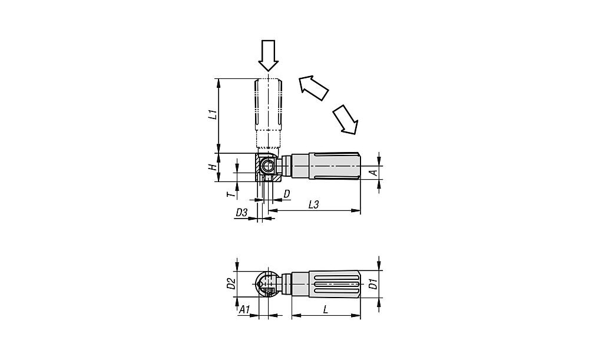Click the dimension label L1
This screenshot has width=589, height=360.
tap(213, 114)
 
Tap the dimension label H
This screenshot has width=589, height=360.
tap(213, 167)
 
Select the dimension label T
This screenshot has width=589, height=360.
tap(233, 194)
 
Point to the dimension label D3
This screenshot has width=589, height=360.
tap(241, 213)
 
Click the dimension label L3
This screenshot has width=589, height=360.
tap(313, 204)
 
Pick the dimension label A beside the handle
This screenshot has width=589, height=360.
tap(373, 173)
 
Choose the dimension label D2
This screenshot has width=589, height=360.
tap(231, 283)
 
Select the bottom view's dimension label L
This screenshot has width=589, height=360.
tap(326, 310)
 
